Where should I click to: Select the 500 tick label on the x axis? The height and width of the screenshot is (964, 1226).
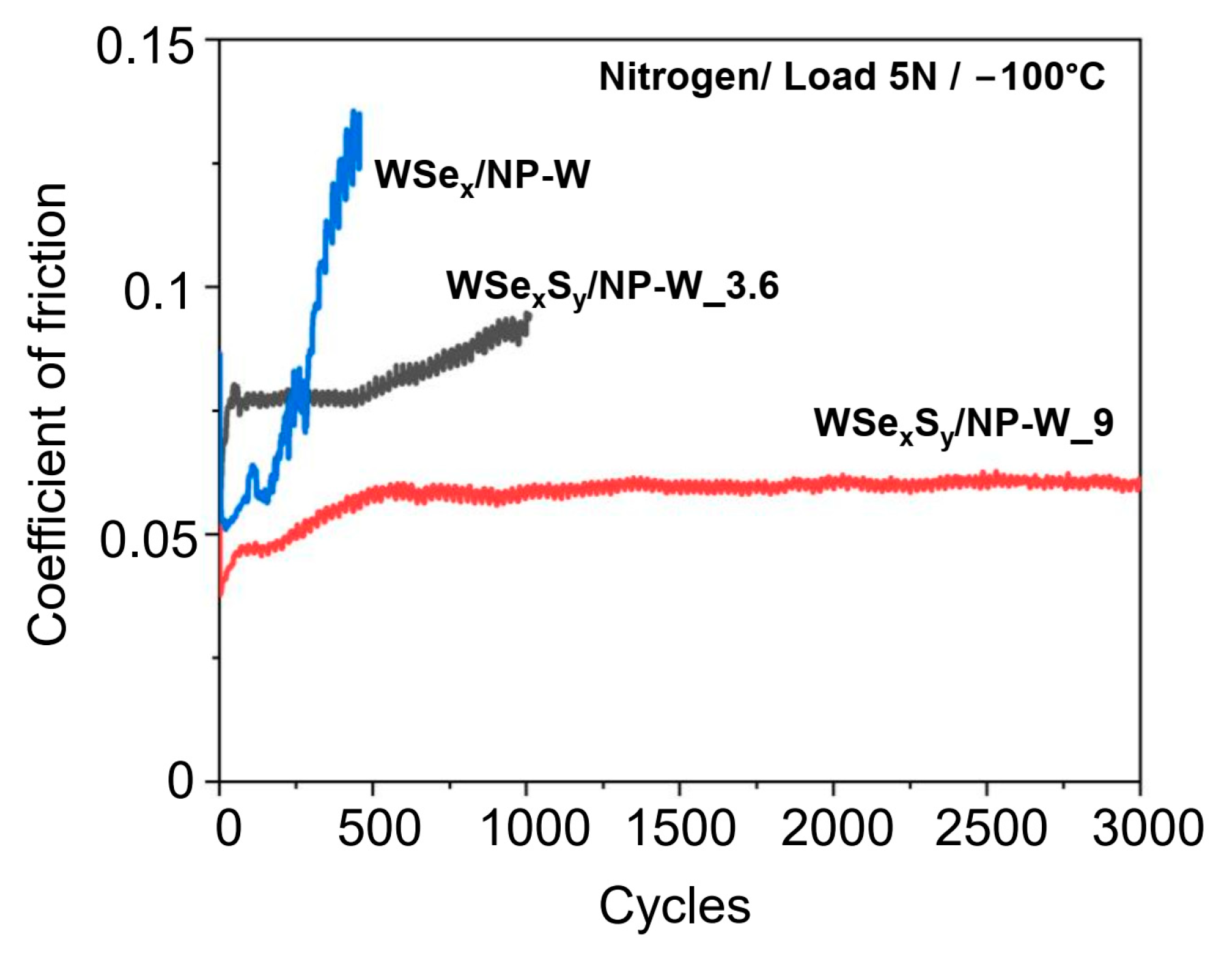pos(379,828)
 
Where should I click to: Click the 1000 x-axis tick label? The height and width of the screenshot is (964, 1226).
pos(534,828)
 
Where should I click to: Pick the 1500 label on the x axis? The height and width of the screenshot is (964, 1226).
pos(680,828)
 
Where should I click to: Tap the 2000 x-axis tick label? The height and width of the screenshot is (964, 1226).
pos(836,828)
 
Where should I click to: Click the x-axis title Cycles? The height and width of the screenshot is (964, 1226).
pos(674,906)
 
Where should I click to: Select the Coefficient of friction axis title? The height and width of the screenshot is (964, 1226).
pos(48,414)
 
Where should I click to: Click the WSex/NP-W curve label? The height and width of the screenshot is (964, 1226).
pos(482,176)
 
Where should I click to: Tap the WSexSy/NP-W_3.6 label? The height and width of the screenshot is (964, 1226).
pos(612,287)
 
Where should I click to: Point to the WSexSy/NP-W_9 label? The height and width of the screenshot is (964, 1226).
pos(963,424)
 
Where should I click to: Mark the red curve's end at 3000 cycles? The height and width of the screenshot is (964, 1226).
pos(1138,484)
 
